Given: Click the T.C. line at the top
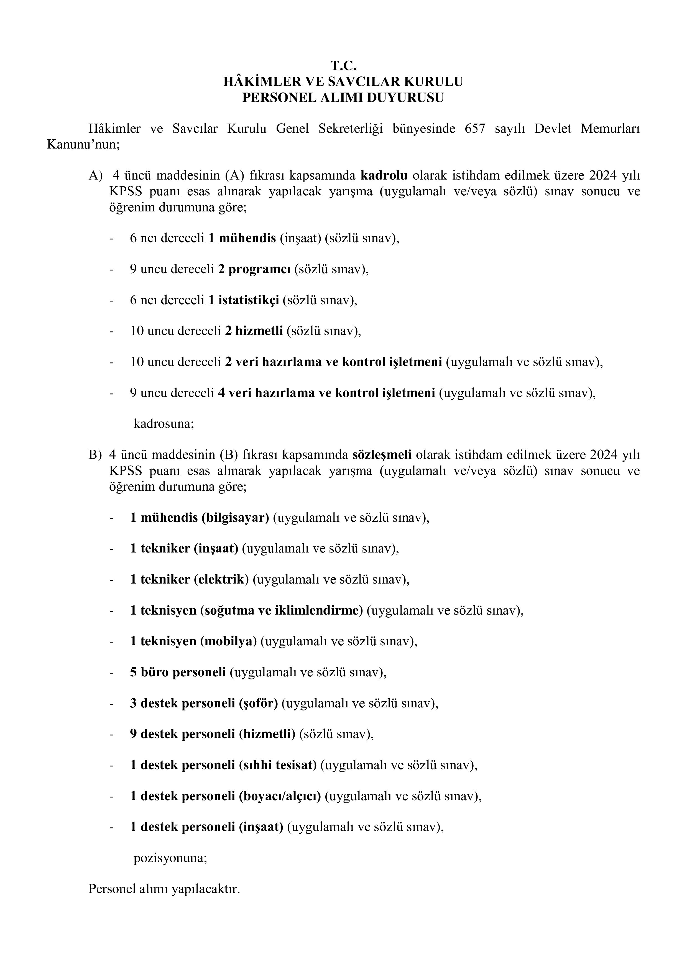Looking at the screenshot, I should (343, 66).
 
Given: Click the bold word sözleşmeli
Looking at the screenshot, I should (382, 455).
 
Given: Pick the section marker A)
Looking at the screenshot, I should (95, 176).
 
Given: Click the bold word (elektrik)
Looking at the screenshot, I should (221, 580).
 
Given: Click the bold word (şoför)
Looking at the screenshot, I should (258, 703).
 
